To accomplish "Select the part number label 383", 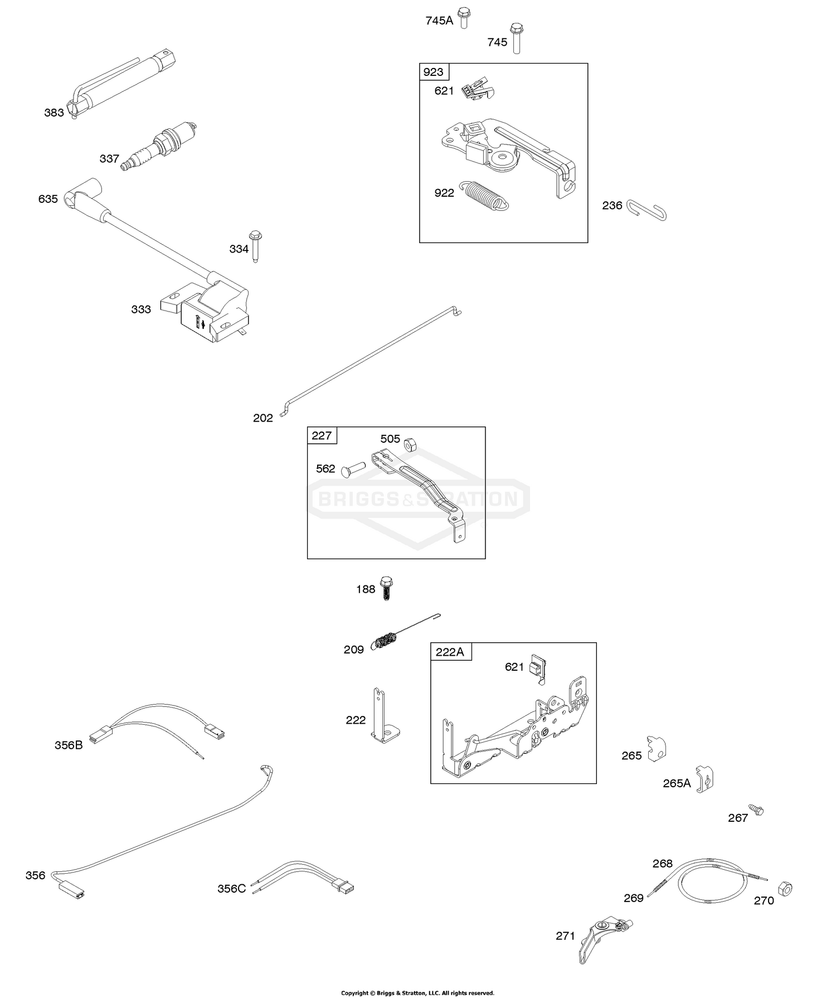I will (54, 113).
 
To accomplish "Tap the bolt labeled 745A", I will (463, 18).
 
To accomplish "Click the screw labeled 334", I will (255, 246).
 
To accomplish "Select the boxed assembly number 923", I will (434, 72).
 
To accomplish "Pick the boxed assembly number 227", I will (322, 435).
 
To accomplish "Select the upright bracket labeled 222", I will (384, 716).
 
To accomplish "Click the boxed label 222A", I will (450, 651).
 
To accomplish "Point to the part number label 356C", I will (231, 888).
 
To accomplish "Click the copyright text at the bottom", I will (417, 993).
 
